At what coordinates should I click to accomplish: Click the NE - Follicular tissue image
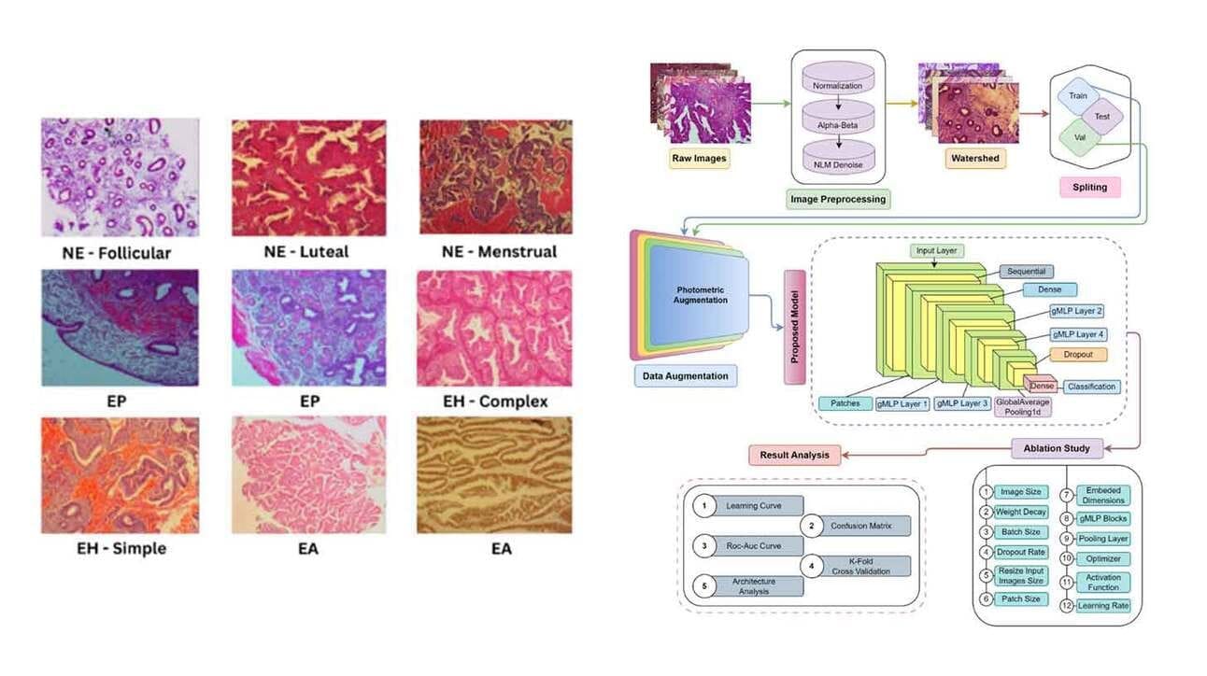[121, 177]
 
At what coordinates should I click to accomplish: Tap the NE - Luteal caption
[306, 252]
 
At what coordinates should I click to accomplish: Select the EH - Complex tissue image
[494, 329]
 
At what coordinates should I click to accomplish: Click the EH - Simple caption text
[121, 549]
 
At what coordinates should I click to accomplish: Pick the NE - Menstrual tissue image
[496, 177]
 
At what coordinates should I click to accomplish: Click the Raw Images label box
[699, 159]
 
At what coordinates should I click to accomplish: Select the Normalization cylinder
[838, 77]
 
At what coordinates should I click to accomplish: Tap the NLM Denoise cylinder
[838, 158]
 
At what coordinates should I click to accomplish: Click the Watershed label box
[975, 159]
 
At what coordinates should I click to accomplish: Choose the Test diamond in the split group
[1102, 117]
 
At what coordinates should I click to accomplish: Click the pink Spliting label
[1089, 188]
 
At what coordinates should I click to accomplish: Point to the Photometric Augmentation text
[700, 295]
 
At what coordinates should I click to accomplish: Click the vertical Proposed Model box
[794, 327]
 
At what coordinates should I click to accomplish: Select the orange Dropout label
[1078, 355]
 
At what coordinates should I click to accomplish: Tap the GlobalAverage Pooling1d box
[1023, 407]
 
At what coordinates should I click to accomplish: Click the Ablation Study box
[1057, 449]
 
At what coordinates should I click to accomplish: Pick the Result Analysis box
[794, 456]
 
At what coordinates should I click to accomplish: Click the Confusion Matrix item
[860, 526]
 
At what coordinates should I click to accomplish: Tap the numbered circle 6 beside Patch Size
[987, 599]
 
